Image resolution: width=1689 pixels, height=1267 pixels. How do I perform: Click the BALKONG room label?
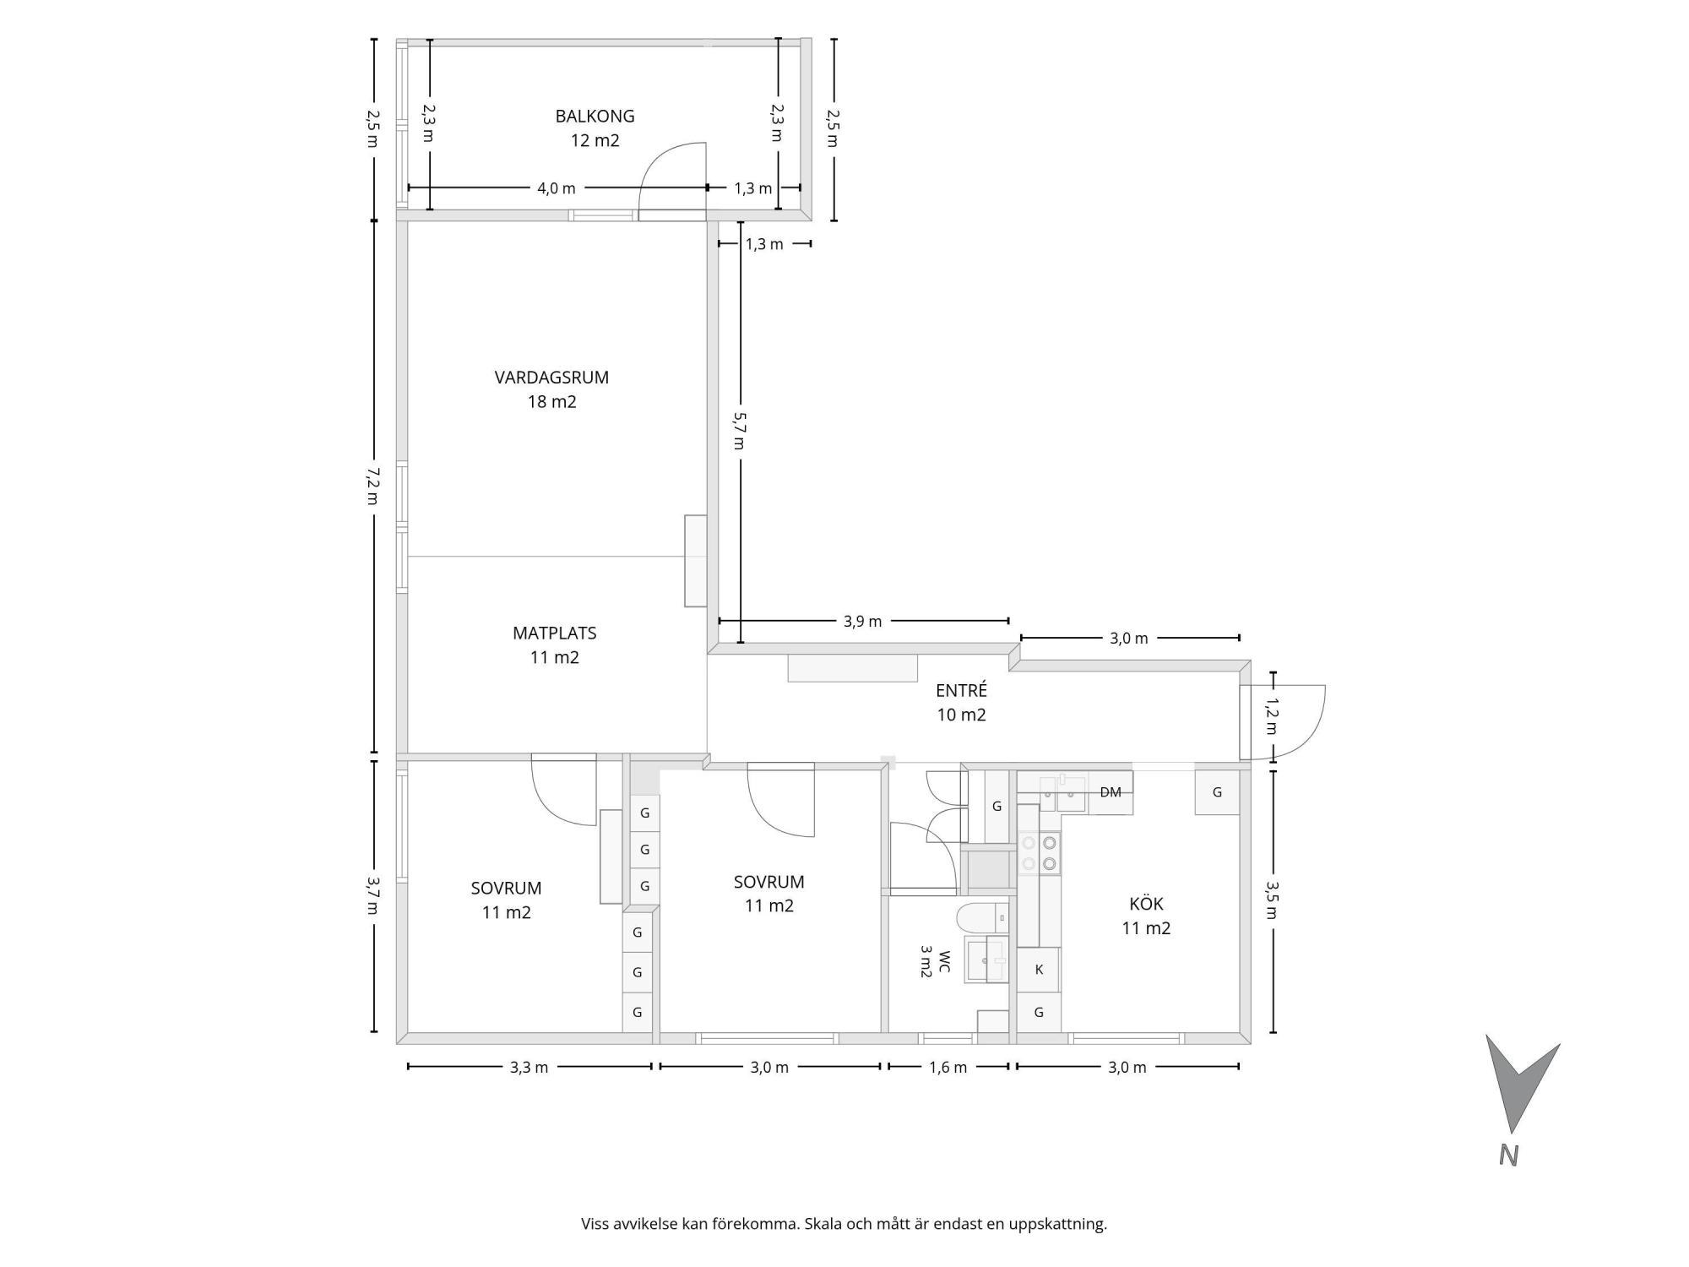(595, 117)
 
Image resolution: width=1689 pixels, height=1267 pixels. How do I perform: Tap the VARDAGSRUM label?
(551, 378)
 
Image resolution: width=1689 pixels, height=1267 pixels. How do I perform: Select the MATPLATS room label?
(554, 633)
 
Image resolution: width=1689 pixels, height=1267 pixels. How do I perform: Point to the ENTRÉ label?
(961, 690)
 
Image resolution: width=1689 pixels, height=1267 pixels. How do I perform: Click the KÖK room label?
(1146, 904)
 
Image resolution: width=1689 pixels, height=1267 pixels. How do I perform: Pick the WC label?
(944, 961)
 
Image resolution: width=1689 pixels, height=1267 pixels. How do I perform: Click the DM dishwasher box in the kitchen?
(1111, 792)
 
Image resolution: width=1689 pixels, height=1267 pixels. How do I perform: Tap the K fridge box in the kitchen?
(1039, 969)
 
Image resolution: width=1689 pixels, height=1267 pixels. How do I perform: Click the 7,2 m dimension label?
(372, 487)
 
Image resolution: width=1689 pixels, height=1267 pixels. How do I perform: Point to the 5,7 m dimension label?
(739, 430)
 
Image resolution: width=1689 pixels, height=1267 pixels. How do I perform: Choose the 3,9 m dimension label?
(862, 622)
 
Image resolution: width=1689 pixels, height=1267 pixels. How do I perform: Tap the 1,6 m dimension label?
(948, 1068)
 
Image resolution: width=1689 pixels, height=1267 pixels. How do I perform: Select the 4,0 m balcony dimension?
(557, 188)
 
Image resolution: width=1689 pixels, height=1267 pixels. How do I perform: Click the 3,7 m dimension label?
(372, 895)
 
